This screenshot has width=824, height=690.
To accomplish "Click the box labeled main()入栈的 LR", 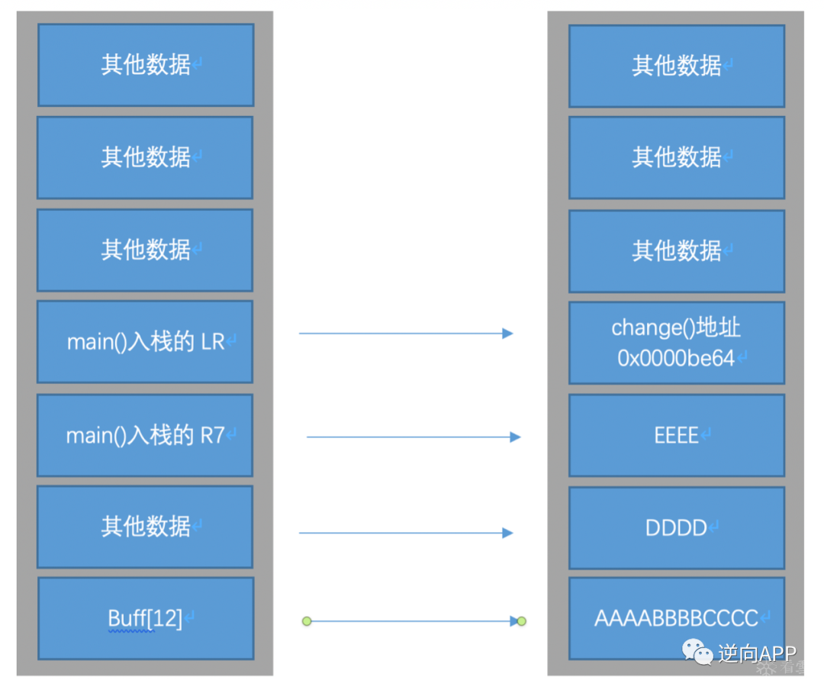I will coord(145,342).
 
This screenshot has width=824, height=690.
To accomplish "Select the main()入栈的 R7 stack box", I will coord(145,435).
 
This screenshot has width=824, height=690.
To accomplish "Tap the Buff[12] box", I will coord(145,618).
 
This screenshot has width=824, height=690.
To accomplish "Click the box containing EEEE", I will coord(676,436).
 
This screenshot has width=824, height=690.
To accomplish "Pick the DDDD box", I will coord(676,528).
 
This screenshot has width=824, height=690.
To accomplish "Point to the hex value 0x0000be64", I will coord(676,358).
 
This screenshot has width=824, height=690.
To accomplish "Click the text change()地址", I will coord(676,327).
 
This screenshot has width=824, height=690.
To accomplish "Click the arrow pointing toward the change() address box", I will coord(404,334).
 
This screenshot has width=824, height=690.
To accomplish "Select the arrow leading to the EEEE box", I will coord(412,437).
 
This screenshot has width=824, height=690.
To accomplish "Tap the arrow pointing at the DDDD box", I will coord(404,533).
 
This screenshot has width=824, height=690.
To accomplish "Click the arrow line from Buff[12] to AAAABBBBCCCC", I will coord(412,621).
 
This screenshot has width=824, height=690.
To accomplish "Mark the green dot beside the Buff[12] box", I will coord(307,621).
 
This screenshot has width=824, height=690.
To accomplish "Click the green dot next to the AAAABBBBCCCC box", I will coord(522,621).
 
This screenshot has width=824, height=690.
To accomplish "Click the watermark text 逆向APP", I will coord(756,653).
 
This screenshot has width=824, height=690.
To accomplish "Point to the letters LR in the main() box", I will coord(213,343).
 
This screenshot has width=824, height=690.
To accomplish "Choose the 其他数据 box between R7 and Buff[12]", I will coord(145,527).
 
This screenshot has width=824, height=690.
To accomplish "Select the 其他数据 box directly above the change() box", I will coord(676,250).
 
